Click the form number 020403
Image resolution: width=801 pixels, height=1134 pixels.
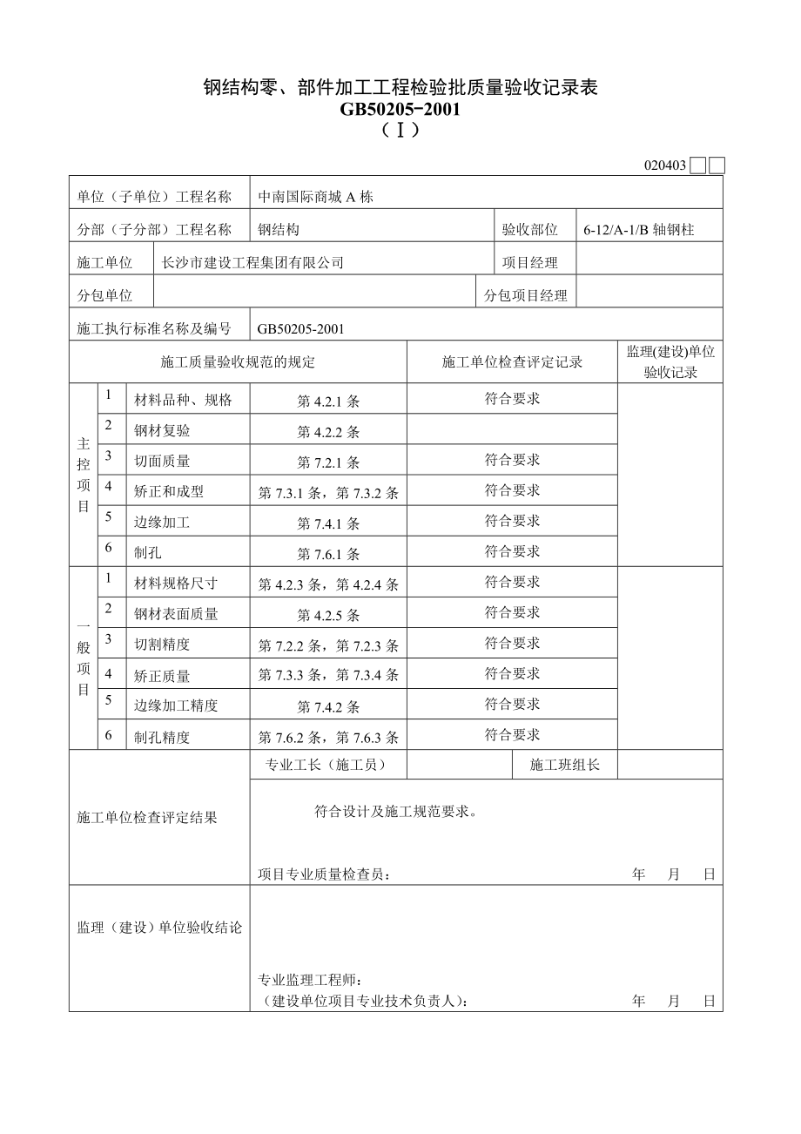(x=665, y=165)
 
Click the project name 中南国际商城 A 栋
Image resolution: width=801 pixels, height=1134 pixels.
(x=315, y=197)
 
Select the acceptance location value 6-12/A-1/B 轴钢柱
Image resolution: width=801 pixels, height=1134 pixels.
(x=640, y=230)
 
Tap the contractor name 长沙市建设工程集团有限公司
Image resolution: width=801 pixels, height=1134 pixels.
(x=252, y=262)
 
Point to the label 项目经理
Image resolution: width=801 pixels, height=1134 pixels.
(x=529, y=262)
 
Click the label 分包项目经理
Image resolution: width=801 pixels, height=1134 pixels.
(x=525, y=295)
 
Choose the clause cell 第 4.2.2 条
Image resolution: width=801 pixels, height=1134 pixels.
(x=328, y=432)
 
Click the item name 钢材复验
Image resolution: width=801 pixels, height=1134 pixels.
(x=162, y=431)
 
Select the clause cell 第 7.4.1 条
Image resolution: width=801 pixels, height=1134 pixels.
(x=328, y=523)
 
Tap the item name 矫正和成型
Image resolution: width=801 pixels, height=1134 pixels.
(x=169, y=491)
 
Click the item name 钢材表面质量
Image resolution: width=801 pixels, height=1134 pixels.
(x=176, y=614)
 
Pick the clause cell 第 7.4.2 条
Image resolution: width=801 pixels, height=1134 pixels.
(x=328, y=706)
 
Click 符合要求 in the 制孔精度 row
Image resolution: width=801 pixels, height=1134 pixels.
(x=512, y=735)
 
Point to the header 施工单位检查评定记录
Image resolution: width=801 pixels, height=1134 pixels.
(x=512, y=362)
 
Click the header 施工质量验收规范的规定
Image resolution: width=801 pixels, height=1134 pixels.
(x=238, y=362)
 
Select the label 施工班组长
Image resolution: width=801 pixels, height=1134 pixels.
(x=565, y=765)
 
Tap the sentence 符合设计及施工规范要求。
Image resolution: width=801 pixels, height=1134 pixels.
(x=395, y=812)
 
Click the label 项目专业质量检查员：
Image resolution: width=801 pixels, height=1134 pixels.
(x=324, y=874)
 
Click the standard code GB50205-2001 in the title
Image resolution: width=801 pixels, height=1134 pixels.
(x=400, y=109)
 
